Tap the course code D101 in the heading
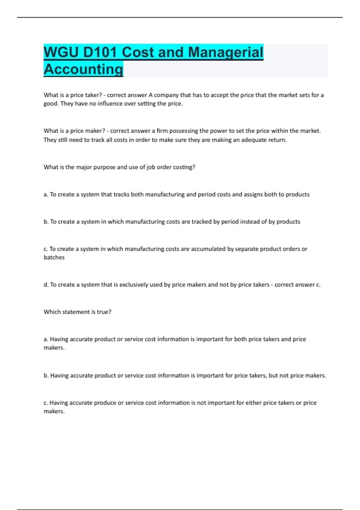[x=100, y=52]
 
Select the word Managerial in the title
[x=225, y=52]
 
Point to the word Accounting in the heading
[x=83, y=69]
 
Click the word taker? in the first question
[x=93, y=95]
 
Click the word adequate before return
[x=254, y=140]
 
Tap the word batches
[x=54, y=257]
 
